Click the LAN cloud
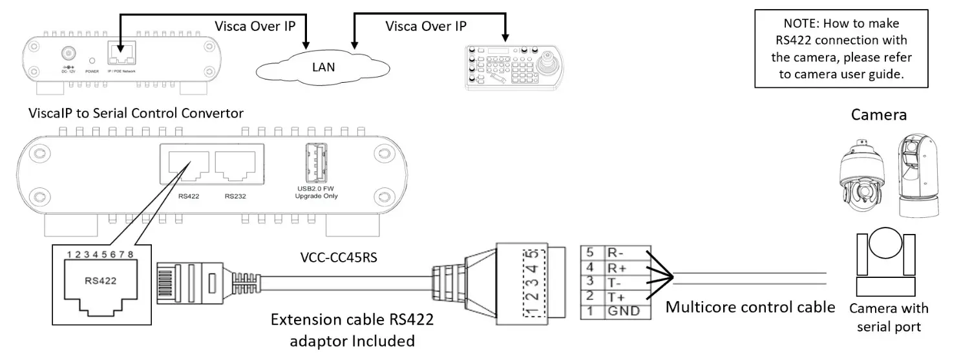pos(323,67)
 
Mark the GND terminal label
pos(622,311)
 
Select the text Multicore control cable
pos(750,306)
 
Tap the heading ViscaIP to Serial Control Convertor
pos(136,114)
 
